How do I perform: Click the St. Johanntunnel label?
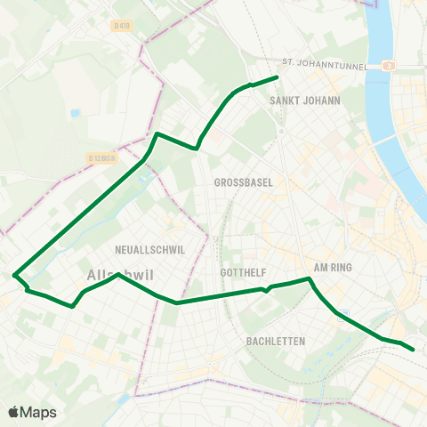coord(325,63)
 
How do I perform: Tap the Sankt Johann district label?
coord(305,101)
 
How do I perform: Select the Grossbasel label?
coord(243,182)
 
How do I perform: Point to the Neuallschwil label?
coord(150,250)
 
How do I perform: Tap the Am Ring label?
coord(334,267)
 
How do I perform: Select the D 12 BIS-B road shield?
coord(103,158)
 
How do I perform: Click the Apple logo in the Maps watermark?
coord(12,412)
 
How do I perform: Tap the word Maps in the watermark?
coord(39,413)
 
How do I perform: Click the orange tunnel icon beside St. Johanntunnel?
coord(387,65)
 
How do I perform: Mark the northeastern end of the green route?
coord(278,77)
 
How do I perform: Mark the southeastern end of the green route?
coord(414,350)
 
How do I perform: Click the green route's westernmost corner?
coord(14,275)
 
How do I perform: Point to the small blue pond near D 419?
coord(75,113)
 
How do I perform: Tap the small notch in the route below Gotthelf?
coord(267,290)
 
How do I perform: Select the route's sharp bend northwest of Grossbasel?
coord(157,134)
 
